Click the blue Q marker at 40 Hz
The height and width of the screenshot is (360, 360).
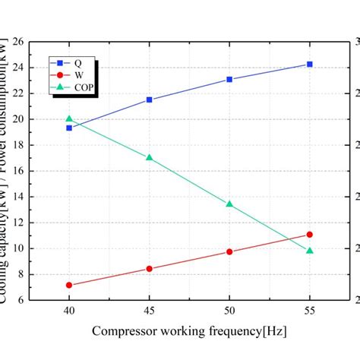point(69,128)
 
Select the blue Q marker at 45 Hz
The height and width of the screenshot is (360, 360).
point(149,99)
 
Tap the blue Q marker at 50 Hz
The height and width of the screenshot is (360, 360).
point(229,79)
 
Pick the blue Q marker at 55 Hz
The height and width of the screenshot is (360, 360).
point(309,65)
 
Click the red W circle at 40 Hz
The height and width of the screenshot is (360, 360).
point(69,285)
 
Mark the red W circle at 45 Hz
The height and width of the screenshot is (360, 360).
point(149,269)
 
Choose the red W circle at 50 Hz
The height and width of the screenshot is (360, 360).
point(229,251)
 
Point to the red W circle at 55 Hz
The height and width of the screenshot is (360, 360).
point(309,235)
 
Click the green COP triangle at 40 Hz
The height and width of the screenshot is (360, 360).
point(69,118)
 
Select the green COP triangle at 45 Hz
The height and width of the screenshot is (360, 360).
point(149,157)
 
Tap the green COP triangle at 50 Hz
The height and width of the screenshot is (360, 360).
point(229,204)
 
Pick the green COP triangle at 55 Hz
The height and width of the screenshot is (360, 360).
point(309,250)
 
